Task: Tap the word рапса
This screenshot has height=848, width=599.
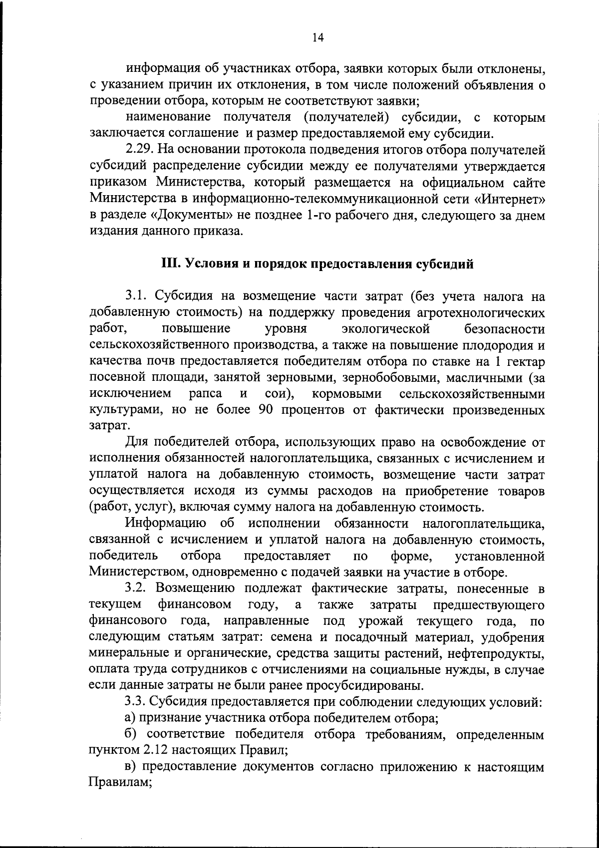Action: click(206, 394)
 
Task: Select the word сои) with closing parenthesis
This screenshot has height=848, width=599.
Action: click(279, 394)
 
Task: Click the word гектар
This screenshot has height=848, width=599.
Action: click(525, 362)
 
